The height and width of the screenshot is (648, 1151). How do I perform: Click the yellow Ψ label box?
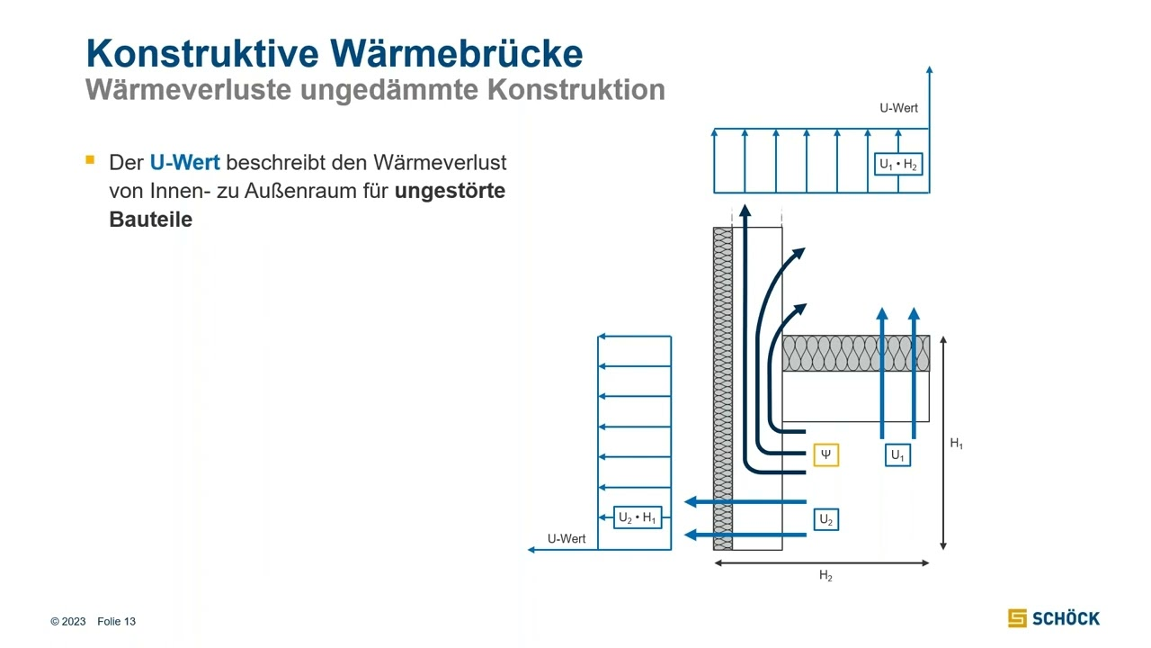coord(825,454)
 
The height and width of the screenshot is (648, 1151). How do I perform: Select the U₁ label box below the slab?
coord(897,455)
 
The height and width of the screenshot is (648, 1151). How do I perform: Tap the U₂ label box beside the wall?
coord(826,519)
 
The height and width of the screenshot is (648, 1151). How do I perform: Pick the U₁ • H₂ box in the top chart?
coord(898,165)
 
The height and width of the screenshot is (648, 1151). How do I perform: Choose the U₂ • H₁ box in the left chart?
coord(638,517)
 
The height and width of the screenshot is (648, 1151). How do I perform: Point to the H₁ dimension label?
coord(957,444)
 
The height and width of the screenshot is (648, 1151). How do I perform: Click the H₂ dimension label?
coord(825,577)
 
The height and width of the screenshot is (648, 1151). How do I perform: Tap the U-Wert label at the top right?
coord(898,108)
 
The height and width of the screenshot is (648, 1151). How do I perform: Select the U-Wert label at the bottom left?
coord(567,538)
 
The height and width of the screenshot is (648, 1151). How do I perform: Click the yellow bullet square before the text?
coord(90,160)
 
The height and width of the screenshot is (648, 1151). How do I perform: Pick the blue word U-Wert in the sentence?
coord(184,163)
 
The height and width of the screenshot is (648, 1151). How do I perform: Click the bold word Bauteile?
coord(150,220)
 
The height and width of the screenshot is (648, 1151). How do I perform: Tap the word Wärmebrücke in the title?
coord(455,54)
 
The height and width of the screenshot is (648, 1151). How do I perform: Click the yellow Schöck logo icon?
coord(1017,618)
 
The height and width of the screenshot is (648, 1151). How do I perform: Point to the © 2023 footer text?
coord(68,622)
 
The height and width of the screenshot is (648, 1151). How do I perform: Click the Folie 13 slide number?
coord(116,622)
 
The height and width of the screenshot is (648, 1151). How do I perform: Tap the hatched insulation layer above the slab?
coord(854,354)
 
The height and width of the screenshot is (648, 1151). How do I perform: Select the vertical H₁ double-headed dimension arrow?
coord(942,443)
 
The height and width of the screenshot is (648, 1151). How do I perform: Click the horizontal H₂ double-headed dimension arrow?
coord(821,563)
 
